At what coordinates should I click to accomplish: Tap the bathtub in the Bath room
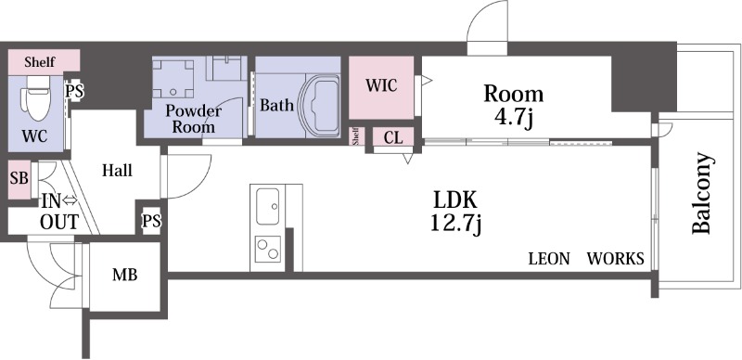321,106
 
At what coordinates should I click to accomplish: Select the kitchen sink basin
267,206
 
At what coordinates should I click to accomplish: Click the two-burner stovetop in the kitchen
267,249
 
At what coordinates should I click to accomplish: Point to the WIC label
381,85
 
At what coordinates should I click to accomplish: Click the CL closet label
393,138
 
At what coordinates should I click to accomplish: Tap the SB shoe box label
19,178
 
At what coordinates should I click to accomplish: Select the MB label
125,275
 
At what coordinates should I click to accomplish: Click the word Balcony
701,193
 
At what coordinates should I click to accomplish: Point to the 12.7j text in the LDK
455,224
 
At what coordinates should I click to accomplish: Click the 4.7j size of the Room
513,117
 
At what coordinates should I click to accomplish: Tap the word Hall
117,171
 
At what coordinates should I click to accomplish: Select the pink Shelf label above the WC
40,62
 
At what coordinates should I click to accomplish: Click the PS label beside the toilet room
74,92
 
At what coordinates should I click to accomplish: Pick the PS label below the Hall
152,221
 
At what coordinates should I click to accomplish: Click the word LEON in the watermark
549,259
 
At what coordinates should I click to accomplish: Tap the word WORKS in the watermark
616,259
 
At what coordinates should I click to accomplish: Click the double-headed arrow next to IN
70,201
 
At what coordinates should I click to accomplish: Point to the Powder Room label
194,119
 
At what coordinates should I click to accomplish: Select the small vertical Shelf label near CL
356,136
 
